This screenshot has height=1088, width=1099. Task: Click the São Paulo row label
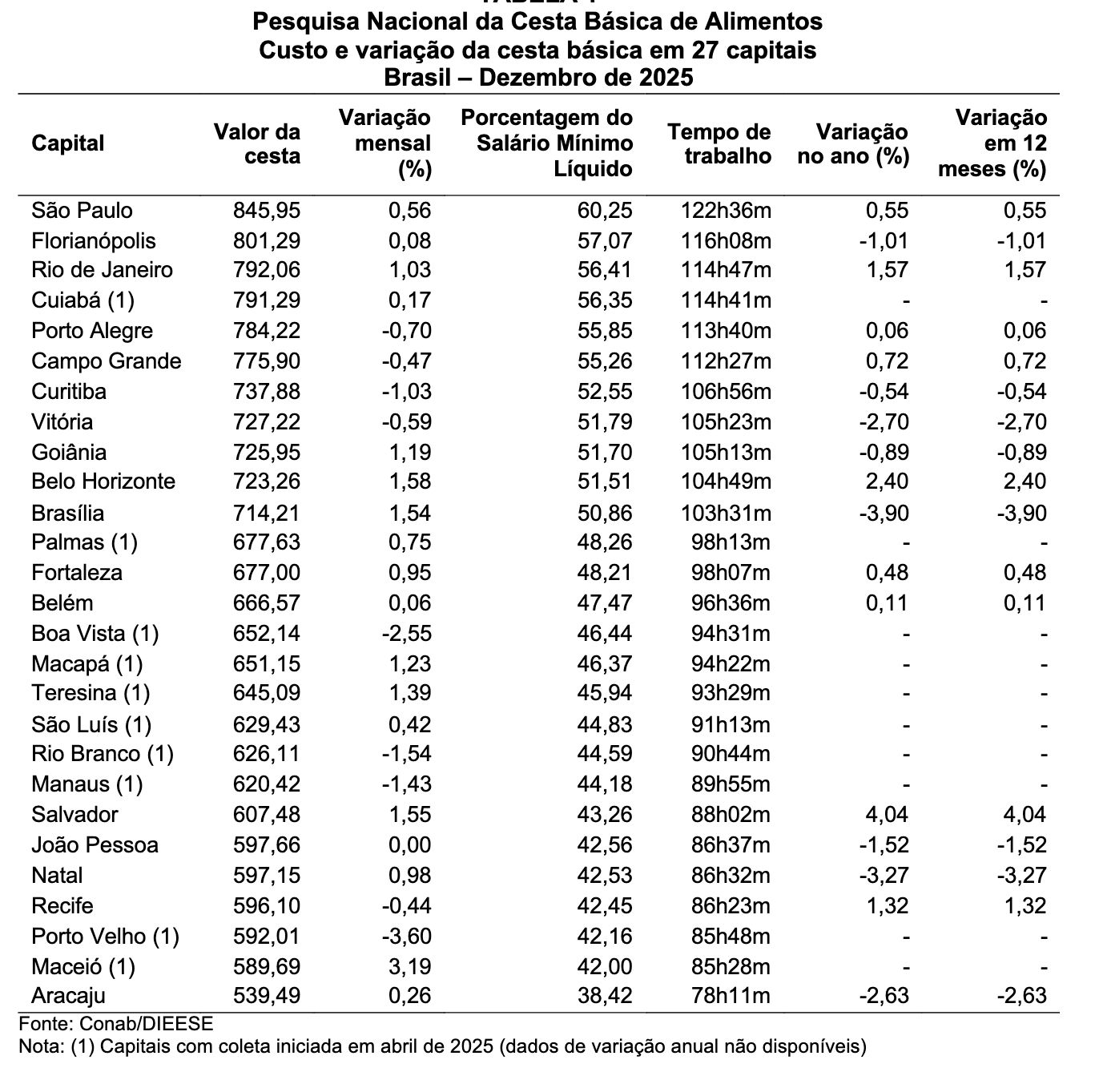(x=82, y=211)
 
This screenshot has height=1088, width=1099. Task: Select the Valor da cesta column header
(x=257, y=143)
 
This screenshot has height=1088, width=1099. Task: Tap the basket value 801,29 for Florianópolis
(x=267, y=241)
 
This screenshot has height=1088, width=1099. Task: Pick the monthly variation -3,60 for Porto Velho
(x=406, y=937)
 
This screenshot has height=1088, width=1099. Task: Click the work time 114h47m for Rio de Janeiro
(x=727, y=270)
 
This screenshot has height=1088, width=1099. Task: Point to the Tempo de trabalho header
(x=719, y=143)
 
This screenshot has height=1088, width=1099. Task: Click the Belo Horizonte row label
(x=103, y=482)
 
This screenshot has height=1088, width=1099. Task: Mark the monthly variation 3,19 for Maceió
(x=409, y=967)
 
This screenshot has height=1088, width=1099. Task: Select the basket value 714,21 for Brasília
(x=267, y=513)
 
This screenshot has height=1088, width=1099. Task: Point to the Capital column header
(x=68, y=143)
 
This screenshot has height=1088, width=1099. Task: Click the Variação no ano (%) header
(x=853, y=143)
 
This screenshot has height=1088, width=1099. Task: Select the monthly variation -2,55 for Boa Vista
(x=406, y=634)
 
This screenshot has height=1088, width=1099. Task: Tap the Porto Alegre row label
(x=92, y=331)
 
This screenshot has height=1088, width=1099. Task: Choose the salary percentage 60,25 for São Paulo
(x=605, y=211)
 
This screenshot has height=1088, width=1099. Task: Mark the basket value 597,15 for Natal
(x=267, y=876)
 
